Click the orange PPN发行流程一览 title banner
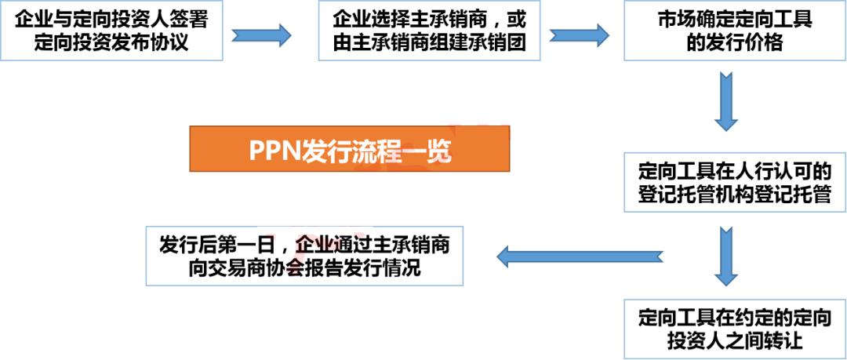349,149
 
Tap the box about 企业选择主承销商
430,31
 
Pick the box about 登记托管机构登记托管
734,182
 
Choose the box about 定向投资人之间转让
734,329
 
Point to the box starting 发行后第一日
304,256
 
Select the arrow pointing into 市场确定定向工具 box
580,34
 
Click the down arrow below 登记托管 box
725,255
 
